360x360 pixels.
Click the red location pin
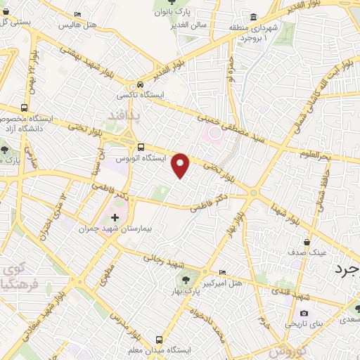pos(181,164)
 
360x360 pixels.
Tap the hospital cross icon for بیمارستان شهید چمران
pos(115,217)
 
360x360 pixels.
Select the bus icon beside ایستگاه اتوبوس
pos(141,147)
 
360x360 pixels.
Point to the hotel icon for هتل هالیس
pos(77,15)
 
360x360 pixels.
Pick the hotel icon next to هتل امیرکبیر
pos(223,273)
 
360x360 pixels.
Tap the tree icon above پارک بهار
pos(176,280)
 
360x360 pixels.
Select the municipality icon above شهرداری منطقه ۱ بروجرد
pos(252,18)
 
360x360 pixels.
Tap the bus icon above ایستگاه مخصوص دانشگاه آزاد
pos(25,108)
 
